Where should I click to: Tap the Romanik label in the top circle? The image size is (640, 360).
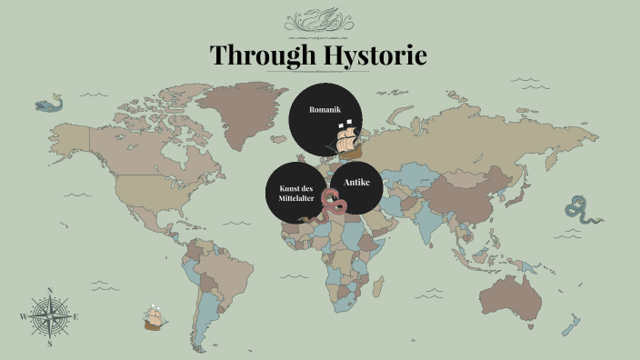[324, 109]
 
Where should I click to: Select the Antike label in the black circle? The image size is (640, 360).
[356, 183]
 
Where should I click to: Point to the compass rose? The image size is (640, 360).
[49, 316]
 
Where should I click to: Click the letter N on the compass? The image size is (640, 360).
[49, 290]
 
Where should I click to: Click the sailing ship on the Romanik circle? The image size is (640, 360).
[346, 138]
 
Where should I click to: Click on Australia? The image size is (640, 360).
[514, 290]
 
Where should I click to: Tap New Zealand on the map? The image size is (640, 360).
[573, 323]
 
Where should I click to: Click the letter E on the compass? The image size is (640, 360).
[76, 316]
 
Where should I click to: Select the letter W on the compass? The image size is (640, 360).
[23, 316]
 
